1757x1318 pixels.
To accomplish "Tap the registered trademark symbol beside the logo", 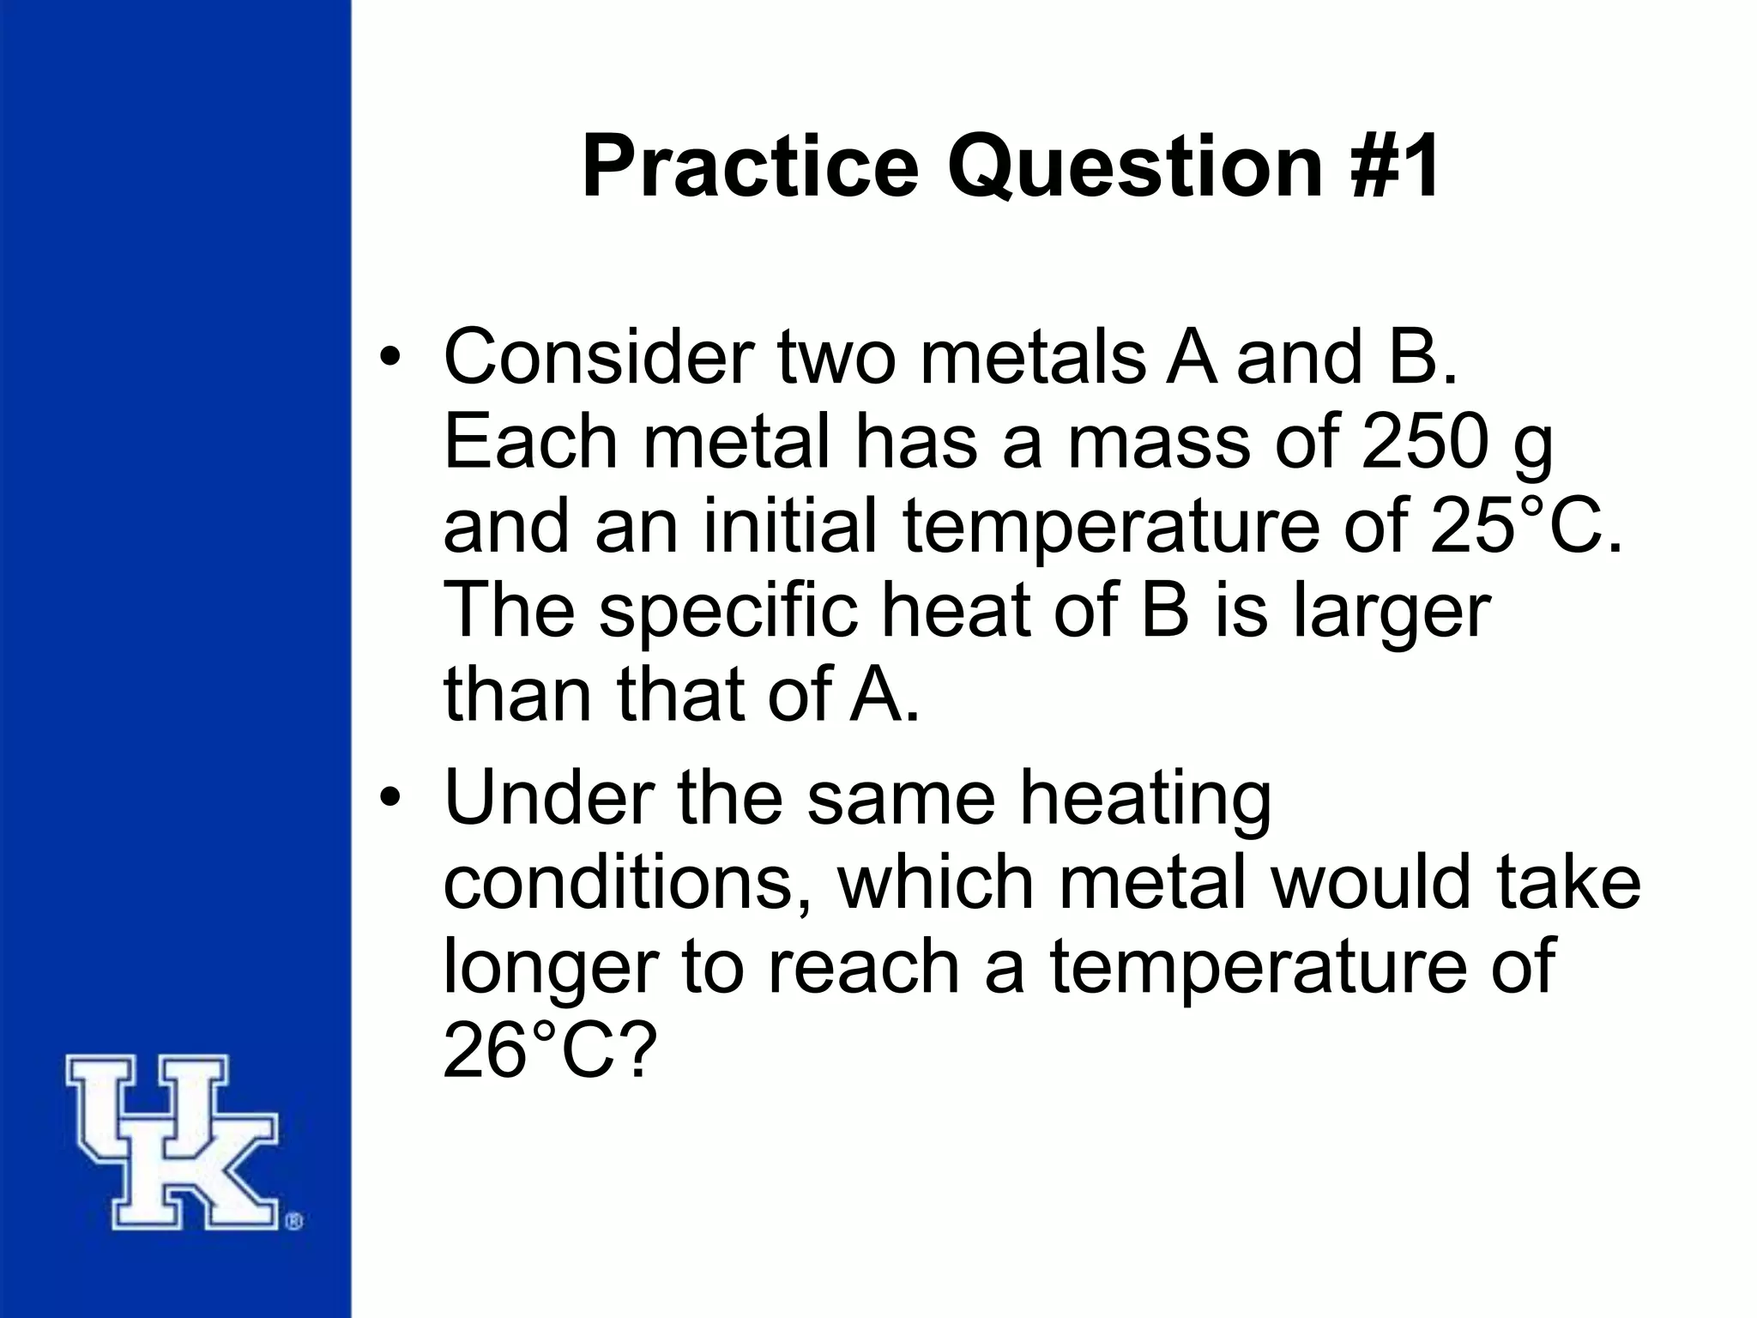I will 293,1221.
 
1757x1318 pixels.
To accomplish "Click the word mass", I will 1157,443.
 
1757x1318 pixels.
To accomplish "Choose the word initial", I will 790,527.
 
